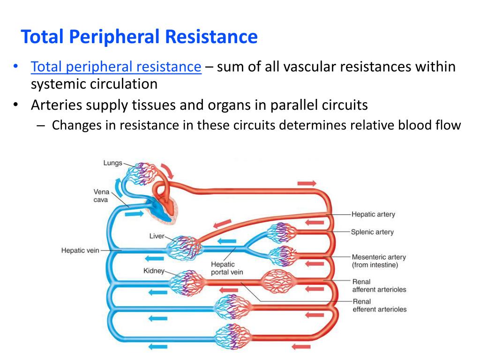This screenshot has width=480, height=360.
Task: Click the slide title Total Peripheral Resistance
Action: [x=140, y=37]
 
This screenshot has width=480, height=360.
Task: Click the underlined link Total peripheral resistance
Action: [x=116, y=67]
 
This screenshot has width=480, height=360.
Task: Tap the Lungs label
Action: [x=112, y=163]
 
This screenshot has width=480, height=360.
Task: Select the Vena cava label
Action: [x=101, y=195]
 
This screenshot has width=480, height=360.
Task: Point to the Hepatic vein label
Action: [x=80, y=250]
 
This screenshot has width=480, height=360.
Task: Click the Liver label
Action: [x=157, y=236]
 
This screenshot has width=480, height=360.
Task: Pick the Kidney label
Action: [x=154, y=271]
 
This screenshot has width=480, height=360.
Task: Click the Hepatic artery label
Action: [x=373, y=214]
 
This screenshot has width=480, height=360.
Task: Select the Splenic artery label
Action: [x=372, y=232]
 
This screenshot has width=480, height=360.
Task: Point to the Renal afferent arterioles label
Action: [x=379, y=285]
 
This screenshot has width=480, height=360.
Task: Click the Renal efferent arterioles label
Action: [x=379, y=305]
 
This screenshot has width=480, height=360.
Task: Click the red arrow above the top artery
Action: [x=307, y=183]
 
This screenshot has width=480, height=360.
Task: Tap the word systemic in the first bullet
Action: [x=60, y=84]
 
